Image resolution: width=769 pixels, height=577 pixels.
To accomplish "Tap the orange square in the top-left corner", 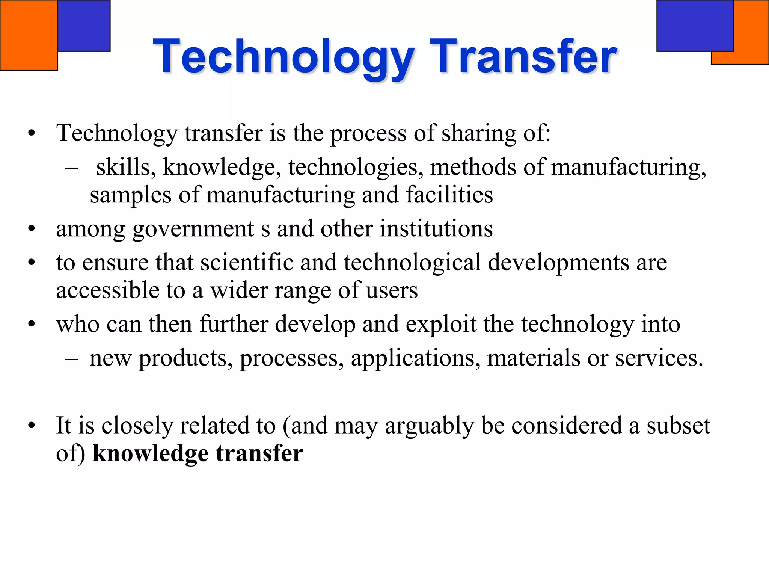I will click(x=29, y=35).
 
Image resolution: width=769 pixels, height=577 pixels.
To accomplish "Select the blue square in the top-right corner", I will click(x=695, y=26).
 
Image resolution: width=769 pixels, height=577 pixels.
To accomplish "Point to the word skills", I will click(x=123, y=168).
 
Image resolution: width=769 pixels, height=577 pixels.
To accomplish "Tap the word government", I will click(x=193, y=229).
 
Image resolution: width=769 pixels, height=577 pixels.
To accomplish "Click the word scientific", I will click(x=247, y=262).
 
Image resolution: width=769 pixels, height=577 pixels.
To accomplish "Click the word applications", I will click(x=415, y=358).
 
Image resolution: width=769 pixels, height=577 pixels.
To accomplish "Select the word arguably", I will click(x=429, y=426).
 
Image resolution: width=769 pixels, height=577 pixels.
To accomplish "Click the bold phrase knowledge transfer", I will click(x=198, y=453).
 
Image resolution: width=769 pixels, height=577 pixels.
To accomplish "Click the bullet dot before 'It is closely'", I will click(x=32, y=426).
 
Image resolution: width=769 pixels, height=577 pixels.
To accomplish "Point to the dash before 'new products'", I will click(x=72, y=358).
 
